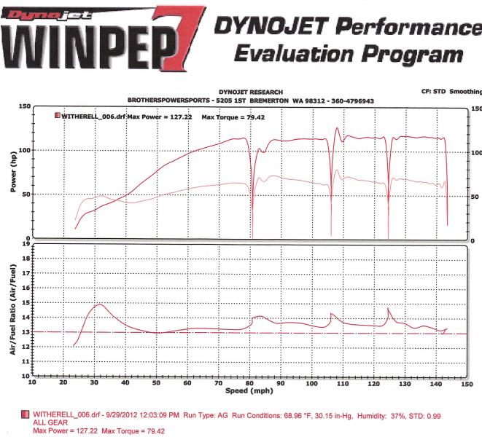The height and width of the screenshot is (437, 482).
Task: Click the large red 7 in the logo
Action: point(182,37)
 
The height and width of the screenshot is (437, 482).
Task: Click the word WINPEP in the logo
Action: point(89,46)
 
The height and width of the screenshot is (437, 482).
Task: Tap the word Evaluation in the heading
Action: point(294,55)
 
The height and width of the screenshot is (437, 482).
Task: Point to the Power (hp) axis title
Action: point(13,172)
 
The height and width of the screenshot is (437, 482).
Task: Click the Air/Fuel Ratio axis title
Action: point(12,310)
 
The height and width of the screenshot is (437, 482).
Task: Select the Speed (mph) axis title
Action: point(249,391)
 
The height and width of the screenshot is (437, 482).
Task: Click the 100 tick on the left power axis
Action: point(25,150)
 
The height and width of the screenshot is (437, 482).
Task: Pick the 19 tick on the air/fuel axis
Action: point(26,244)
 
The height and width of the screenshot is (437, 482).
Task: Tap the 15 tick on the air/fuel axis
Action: point(26,302)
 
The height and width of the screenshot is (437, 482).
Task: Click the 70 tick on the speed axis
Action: point(218,383)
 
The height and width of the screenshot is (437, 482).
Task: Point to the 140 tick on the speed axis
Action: point(436,384)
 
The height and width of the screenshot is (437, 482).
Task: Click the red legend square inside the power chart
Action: point(58,116)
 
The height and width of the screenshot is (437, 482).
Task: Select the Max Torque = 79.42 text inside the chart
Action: point(233,117)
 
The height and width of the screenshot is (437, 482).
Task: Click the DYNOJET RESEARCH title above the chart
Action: point(251,92)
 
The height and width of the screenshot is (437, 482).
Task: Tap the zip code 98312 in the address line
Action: point(315,101)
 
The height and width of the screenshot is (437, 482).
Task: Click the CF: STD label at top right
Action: point(433,92)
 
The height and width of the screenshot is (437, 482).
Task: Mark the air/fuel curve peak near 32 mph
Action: point(100,304)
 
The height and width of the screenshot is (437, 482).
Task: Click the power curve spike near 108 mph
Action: point(337,128)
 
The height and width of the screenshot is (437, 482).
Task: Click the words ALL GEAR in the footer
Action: point(50,423)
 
